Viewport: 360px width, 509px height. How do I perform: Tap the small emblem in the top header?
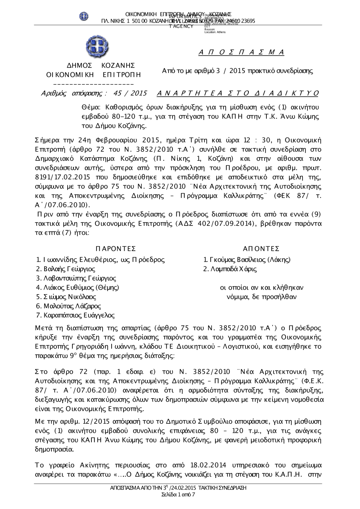tap(84, 16)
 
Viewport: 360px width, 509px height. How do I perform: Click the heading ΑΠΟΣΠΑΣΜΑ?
tap(241, 53)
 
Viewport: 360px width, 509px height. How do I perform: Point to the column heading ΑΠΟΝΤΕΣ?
tap(261, 249)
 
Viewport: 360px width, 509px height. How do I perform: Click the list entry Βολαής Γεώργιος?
tap(69, 269)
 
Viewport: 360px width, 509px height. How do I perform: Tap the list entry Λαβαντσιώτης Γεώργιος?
tap(79, 278)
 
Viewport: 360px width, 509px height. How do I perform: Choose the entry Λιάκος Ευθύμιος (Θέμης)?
tap(81, 287)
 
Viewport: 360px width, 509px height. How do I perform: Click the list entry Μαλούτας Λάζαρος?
tap(72, 306)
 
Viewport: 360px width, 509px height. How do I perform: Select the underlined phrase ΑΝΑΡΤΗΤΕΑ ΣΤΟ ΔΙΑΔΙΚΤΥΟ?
tap(238, 94)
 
